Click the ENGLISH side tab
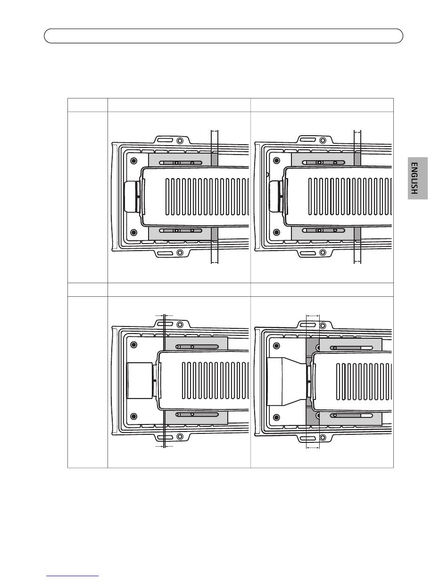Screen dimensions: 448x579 (418, 178)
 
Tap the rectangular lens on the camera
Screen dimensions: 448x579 (140, 381)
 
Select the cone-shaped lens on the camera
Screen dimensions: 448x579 (286, 382)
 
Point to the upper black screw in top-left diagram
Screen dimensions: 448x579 (134, 161)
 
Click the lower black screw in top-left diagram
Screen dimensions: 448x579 (134, 232)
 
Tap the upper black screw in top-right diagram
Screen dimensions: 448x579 (277, 161)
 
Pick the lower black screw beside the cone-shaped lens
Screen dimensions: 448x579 (277, 417)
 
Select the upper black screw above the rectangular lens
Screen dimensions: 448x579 (134, 345)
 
